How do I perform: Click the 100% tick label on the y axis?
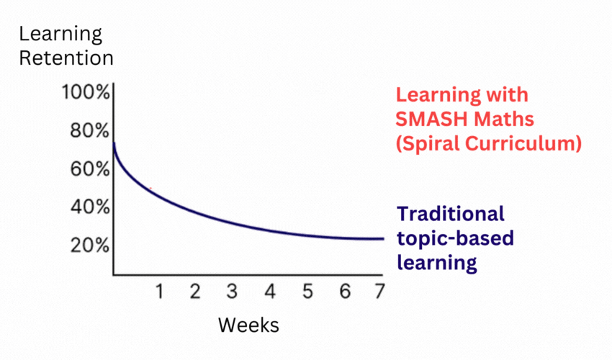pos(85,94)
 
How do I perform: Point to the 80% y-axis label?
pos(89,132)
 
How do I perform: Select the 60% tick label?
pos(89,170)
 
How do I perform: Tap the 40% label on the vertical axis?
pos(89,208)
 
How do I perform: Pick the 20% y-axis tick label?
pos(89,246)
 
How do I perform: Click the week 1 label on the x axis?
pos(160,292)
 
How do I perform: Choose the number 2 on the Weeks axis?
pos(195,292)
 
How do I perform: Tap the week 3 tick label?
pos(232,292)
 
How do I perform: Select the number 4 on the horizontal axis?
pos(269,292)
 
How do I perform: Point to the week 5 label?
pos(307,292)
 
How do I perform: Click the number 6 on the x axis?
pos(344,292)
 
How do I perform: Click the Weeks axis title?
pos(248,325)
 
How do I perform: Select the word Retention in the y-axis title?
pos(66,58)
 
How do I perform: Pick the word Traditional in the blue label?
pos(451,214)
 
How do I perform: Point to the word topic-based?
pos(455,238)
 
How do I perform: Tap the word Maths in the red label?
pos(498,120)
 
